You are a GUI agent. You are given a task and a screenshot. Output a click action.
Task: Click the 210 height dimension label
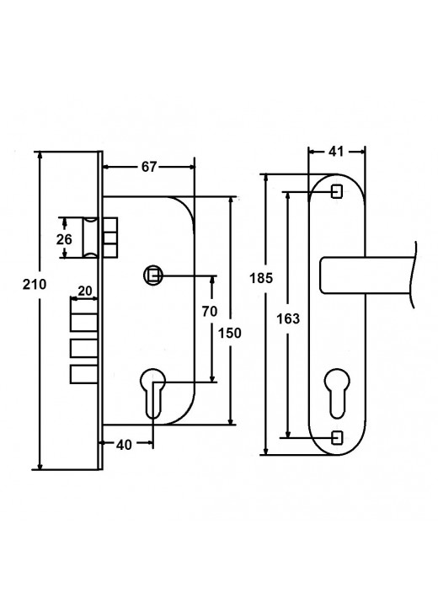(x=35, y=284)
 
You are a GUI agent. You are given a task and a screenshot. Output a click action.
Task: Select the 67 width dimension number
(x=149, y=167)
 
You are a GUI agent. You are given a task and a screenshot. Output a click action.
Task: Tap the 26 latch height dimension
(x=64, y=238)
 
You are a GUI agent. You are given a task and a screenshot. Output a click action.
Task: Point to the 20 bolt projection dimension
(x=85, y=291)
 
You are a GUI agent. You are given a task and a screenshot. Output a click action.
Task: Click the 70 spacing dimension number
(x=210, y=312)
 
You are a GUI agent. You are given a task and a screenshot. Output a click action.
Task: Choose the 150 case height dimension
(x=229, y=333)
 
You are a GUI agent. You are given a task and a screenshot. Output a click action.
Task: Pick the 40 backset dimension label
(x=124, y=445)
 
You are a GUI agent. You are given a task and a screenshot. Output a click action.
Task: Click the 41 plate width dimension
(x=335, y=152)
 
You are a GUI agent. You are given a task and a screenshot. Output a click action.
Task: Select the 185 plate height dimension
(x=261, y=278)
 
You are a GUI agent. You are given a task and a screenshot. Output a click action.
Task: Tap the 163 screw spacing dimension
(x=288, y=318)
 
